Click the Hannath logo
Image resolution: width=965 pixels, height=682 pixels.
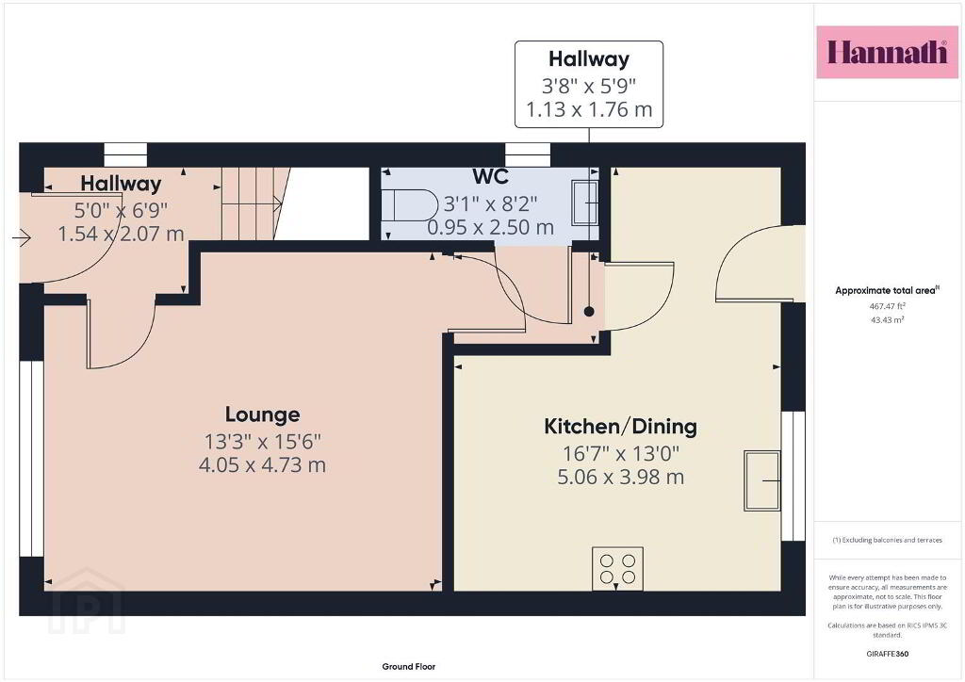pos(887,52)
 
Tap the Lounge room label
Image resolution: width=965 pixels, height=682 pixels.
pos(262,415)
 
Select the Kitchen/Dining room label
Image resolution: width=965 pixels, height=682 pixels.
pos(620,427)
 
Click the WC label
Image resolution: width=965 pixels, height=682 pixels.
pos(490,176)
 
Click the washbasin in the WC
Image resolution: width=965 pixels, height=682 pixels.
pos(584,202)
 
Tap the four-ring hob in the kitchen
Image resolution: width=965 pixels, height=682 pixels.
pos(617,568)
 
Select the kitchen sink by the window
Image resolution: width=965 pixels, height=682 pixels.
pos(761,480)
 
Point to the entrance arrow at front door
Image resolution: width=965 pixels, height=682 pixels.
pos(21,237)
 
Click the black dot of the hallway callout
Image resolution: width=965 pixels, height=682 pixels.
pos(589,312)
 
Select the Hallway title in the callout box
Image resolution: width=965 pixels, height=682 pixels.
pos(589,59)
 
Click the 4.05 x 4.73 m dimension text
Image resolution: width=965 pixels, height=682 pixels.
pos(262,465)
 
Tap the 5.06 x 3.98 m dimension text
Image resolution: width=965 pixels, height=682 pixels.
pos(620,478)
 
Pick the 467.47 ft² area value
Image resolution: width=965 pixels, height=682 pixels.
pos(887,305)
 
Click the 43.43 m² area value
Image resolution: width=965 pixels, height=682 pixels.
pos(887,319)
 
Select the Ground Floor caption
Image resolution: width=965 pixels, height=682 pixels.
pos(409,667)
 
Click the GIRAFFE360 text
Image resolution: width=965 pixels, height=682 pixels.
pos(887,654)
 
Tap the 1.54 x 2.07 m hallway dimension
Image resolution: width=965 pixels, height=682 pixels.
pos(121,234)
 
